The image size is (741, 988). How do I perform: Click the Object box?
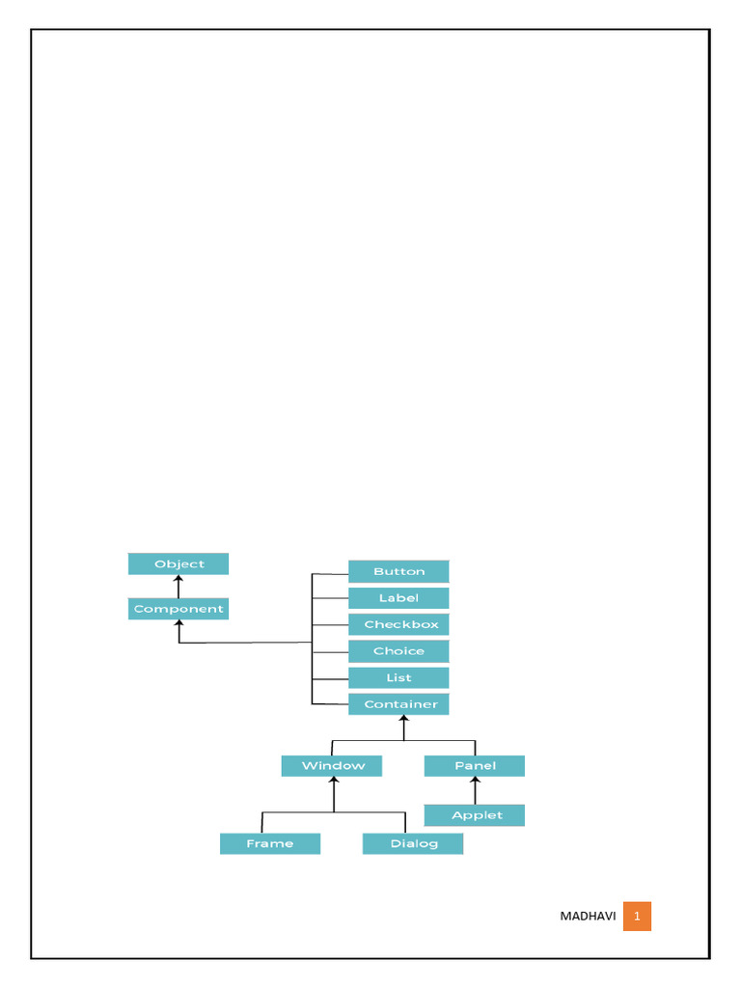pyautogui.click(x=178, y=563)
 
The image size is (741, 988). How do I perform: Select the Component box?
pyautogui.click(x=178, y=609)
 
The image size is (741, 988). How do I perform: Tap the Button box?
pyautogui.click(x=398, y=571)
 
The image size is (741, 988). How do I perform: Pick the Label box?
pyautogui.click(x=398, y=598)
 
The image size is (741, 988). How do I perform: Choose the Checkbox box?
pyautogui.click(x=398, y=624)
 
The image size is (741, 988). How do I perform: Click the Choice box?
pyautogui.click(x=398, y=651)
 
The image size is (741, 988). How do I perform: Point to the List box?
pyautogui.click(x=398, y=677)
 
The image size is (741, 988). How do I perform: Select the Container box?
pyautogui.click(x=398, y=704)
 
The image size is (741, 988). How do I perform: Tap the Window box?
pyautogui.click(x=332, y=766)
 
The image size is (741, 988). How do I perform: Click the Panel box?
pyautogui.click(x=475, y=766)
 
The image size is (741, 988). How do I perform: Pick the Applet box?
pyautogui.click(x=475, y=815)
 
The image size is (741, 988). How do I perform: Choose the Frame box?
pyautogui.click(x=270, y=843)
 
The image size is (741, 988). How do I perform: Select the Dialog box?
pyautogui.click(x=413, y=843)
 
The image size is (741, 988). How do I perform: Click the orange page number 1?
pyautogui.click(x=637, y=917)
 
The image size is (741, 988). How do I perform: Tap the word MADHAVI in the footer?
pyautogui.click(x=588, y=917)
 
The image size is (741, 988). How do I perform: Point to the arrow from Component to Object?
pyautogui.click(x=178, y=587)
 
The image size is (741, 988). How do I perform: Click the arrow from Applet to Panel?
pyautogui.click(x=475, y=790)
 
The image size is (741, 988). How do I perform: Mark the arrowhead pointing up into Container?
pyautogui.click(x=404, y=720)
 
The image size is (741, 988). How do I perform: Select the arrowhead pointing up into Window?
pyautogui.click(x=334, y=782)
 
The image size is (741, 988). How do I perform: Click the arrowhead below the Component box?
pyautogui.click(x=178, y=625)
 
